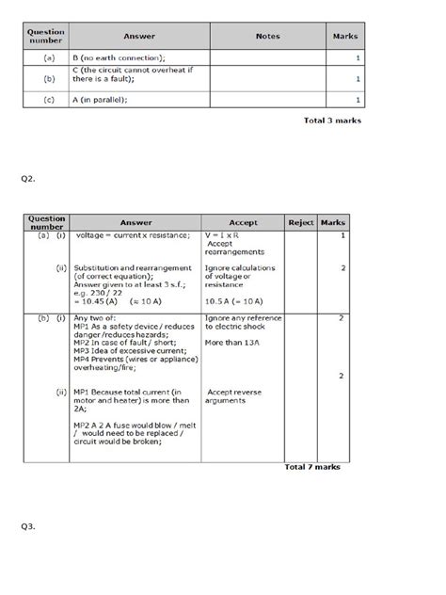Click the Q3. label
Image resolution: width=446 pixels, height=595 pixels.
click(28, 526)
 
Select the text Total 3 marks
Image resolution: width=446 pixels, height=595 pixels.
click(331, 121)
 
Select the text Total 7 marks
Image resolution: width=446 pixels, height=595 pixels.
click(312, 466)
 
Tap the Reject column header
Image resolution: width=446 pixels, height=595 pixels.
click(299, 222)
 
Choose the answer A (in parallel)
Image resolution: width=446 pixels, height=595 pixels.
click(104, 102)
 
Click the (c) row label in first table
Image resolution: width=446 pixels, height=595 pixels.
click(47, 102)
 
